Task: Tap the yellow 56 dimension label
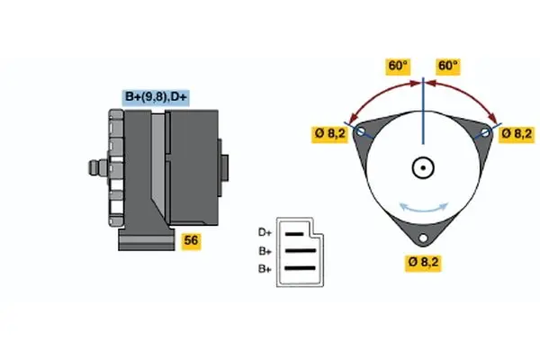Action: pyautogui.click(x=191, y=240)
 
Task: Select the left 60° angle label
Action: pyautogui.click(x=398, y=67)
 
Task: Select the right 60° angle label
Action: pyautogui.click(x=447, y=67)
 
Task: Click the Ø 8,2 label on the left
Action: pyautogui.click(x=329, y=134)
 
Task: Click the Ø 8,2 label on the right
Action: pyautogui.click(x=517, y=133)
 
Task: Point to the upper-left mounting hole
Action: pyautogui.click(x=362, y=132)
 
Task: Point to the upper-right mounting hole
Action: pyautogui.click(x=486, y=132)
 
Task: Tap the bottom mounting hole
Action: pyautogui.click(x=423, y=239)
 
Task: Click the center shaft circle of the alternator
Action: pyautogui.click(x=423, y=167)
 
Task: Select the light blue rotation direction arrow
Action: pyautogui.click(x=423, y=206)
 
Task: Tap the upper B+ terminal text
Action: pyautogui.click(x=265, y=251)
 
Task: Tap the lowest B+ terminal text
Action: pyautogui.click(x=265, y=268)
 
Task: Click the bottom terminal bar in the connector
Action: pyautogui.click(x=301, y=267)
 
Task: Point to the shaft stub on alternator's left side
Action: pyautogui.click(x=94, y=167)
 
